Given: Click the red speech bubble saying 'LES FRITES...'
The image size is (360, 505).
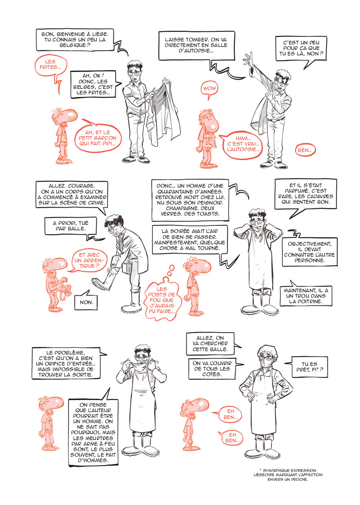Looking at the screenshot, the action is [x=50, y=65].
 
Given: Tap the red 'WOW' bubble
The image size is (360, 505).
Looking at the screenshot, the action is [x=209, y=89].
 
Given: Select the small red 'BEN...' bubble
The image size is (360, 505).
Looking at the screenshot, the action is [x=305, y=150].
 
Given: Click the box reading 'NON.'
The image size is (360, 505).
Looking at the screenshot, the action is [x=86, y=302].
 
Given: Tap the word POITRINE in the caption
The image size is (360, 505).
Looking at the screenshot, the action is [x=310, y=302].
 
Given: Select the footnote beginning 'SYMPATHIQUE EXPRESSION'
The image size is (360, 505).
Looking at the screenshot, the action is [x=288, y=475].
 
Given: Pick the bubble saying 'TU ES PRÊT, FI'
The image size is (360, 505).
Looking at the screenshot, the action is [x=309, y=367].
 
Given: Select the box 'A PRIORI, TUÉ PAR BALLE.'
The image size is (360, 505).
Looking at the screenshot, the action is [x=71, y=226].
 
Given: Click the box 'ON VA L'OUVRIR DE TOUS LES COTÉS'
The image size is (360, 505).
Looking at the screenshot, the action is [x=212, y=369].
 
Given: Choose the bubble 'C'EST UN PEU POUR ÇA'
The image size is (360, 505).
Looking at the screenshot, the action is [x=301, y=48].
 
